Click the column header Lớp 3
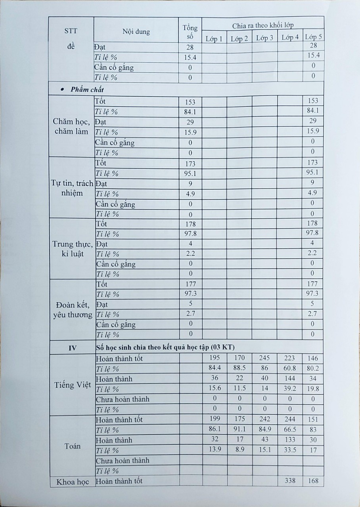(264, 38)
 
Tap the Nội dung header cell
(136, 32)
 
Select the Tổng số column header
(190, 32)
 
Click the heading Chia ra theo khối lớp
(263, 26)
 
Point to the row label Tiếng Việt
(73, 384)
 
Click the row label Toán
(73, 446)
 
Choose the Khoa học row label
(73, 481)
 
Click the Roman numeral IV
(73, 348)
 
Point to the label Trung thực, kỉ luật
(73, 249)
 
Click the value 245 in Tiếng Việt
(265, 358)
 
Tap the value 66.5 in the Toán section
(290, 430)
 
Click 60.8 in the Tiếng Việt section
(290, 368)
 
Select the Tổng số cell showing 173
(190, 163)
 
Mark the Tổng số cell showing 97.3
(190, 294)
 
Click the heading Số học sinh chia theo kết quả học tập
(166, 348)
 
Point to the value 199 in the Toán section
(214, 419)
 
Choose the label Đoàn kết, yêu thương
(73, 310)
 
